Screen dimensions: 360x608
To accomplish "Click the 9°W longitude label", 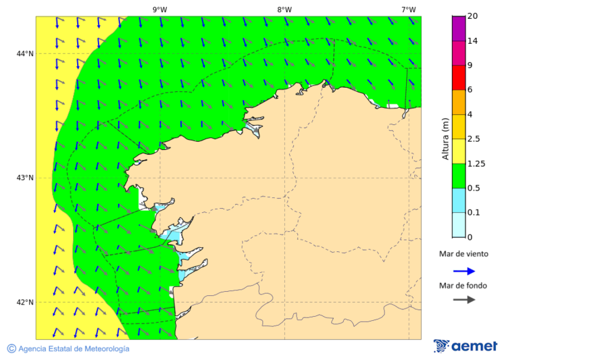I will [160, 9].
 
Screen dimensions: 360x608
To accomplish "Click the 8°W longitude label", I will [284, 9].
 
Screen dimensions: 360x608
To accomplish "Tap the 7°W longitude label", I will [408, 9].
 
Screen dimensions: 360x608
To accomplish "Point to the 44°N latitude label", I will [25, 53].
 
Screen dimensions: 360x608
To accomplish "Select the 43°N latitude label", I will [25, 178].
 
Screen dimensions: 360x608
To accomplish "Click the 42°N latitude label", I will [25, 302].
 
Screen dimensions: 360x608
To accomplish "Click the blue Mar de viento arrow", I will [464, 271].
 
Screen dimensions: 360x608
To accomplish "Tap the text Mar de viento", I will [463, 255].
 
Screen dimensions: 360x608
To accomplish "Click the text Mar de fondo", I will [463, 286].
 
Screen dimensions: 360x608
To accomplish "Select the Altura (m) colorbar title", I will [445, 138].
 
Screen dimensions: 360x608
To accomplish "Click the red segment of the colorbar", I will [459, 77].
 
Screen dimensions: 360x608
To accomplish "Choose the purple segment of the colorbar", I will [459, 28].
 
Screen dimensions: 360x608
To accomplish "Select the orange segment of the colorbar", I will [459, 102].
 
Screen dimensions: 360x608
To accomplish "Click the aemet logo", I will [465, 346].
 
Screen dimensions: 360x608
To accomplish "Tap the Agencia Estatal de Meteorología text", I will [74, 349].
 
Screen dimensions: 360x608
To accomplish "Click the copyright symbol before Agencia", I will [11, 349].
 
